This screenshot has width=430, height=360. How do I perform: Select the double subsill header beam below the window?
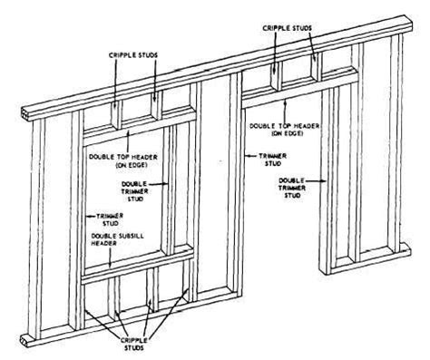(136, 271)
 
